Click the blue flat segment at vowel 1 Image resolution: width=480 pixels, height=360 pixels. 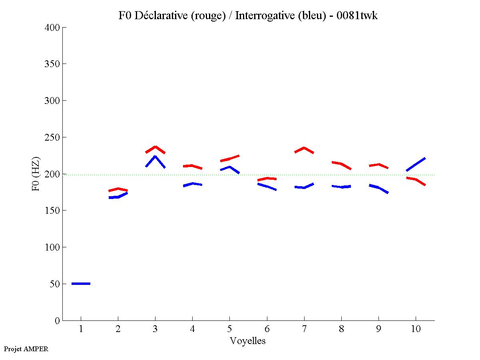click(x=81, y=284)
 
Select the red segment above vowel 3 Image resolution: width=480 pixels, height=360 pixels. click(x=155, y=147)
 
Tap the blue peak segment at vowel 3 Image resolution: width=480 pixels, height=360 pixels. click(x=155, y=157)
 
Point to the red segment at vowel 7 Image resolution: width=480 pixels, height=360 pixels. click(x=304, y=148)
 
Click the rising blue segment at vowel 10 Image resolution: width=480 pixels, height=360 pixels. click(x=416, y=164)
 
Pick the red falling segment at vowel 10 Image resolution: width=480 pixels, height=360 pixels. click(x=416, y=179)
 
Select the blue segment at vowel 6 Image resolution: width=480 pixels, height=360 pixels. click(x=267, y=187)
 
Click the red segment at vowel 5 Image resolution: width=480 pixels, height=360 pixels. click(x=229, y=159)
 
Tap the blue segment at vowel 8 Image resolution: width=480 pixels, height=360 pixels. click(x=341, y=187)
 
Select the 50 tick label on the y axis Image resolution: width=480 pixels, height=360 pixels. click(x=55, y=284)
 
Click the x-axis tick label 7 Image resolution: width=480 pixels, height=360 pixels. click(x=304, y=329)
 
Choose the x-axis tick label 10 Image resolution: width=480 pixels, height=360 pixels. click(x=416, y=329)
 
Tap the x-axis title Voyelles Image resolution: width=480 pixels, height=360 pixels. click(x=248, y=341)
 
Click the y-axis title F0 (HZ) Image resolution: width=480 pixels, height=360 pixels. click(x=36, y=174)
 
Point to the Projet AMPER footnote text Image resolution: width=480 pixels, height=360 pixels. click(x=26, y=349)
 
